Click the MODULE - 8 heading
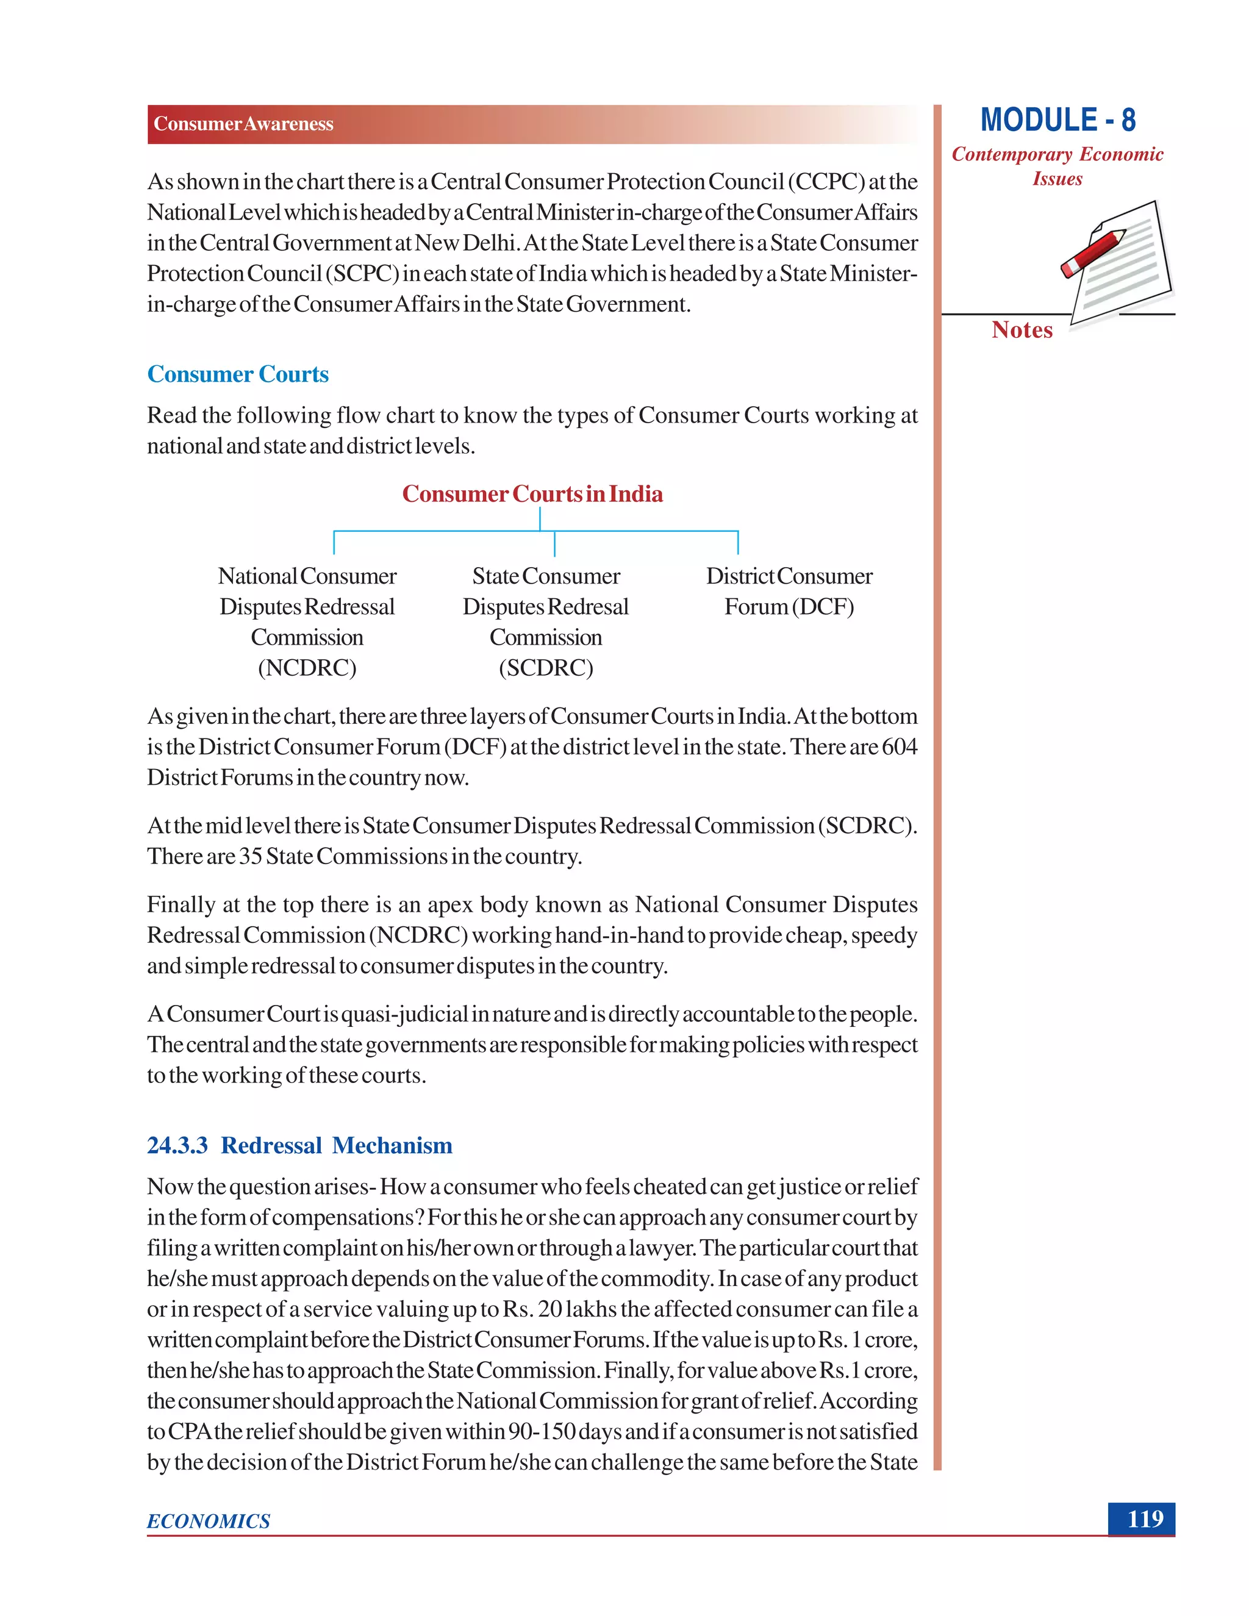pyautogui.click(x=1058, y=120)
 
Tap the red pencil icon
pyautogui.click(x=1093, y=252)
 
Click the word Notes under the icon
pyautogui.click(x=1022, y=330)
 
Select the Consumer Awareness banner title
pyautogui.click(x=243, y=124)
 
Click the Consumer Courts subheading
pyautogui.click(x=237, y=374)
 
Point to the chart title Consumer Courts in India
pyautogui.click(x=532, y=493)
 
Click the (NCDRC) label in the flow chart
pyautogui.click(x=307, y=668)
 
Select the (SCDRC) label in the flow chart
pyautogui.click(x=546, y=668)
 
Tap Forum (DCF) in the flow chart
pyautogui.click(x=789, y=607)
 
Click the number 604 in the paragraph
pyautogui.click(x=899, y=746)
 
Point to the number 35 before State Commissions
pyautogui.click(x=250, y=856)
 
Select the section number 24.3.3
pyautogui.click(x=177, y=1145)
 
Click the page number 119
pyautogui.click(x=1145, y=1518)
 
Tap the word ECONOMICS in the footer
pyautogui.click(x=209, y=1521)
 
